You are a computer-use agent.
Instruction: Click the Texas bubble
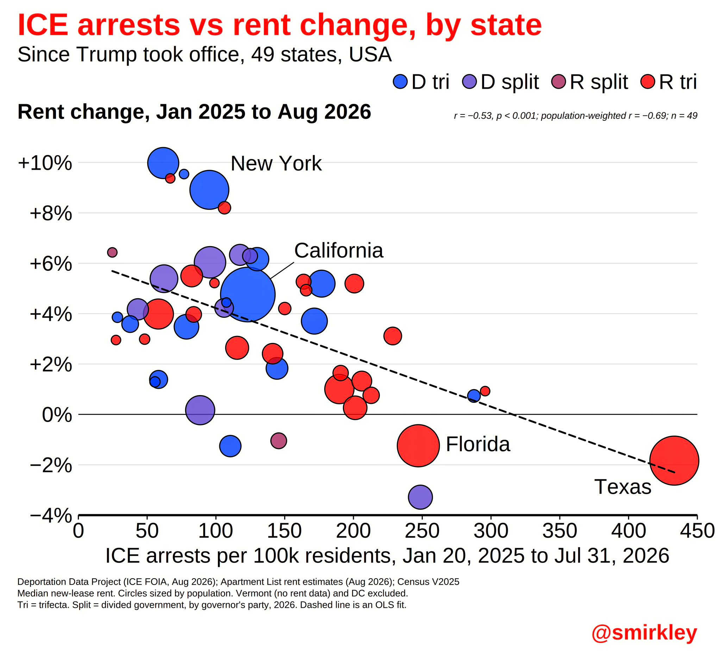click(x=674, y=460)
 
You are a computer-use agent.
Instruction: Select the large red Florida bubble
click(x=418, y=446)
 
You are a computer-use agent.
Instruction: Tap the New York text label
click(x=276, y=163)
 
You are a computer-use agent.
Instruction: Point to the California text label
click(x=339, y=250)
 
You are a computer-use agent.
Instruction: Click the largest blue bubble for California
click(x=248, y=294)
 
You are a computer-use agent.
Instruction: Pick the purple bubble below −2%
click(x=421, y=497)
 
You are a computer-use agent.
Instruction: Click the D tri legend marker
click(x=400, y=82)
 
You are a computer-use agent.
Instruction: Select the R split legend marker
click(x=558, y=82)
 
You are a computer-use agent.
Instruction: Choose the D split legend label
click(x=510, y=82)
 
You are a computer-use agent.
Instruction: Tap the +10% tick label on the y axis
click(x=45, y=163)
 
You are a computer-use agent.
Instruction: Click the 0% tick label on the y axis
click(x=57, y=415)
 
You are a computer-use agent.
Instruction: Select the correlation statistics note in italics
click(x=576, y=116)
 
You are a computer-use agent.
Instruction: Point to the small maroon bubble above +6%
click(x=112, y=252)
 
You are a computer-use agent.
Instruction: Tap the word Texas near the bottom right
click(x=623, y=487)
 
